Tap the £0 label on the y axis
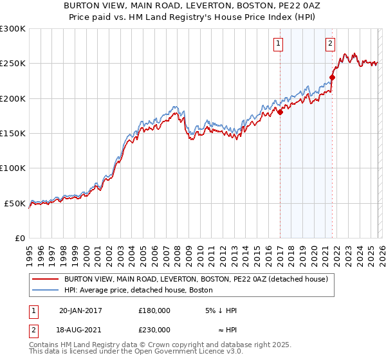pos(21,238)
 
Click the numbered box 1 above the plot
pos(279,44)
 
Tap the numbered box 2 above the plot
pos(330,44)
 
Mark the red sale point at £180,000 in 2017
pos(280,112)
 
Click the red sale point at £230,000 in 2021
pos(333,78)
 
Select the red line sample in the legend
pos(45,279)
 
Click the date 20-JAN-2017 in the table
pos(80,310)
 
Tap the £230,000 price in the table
pos(154,329)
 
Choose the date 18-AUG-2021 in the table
pos(80,329)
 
